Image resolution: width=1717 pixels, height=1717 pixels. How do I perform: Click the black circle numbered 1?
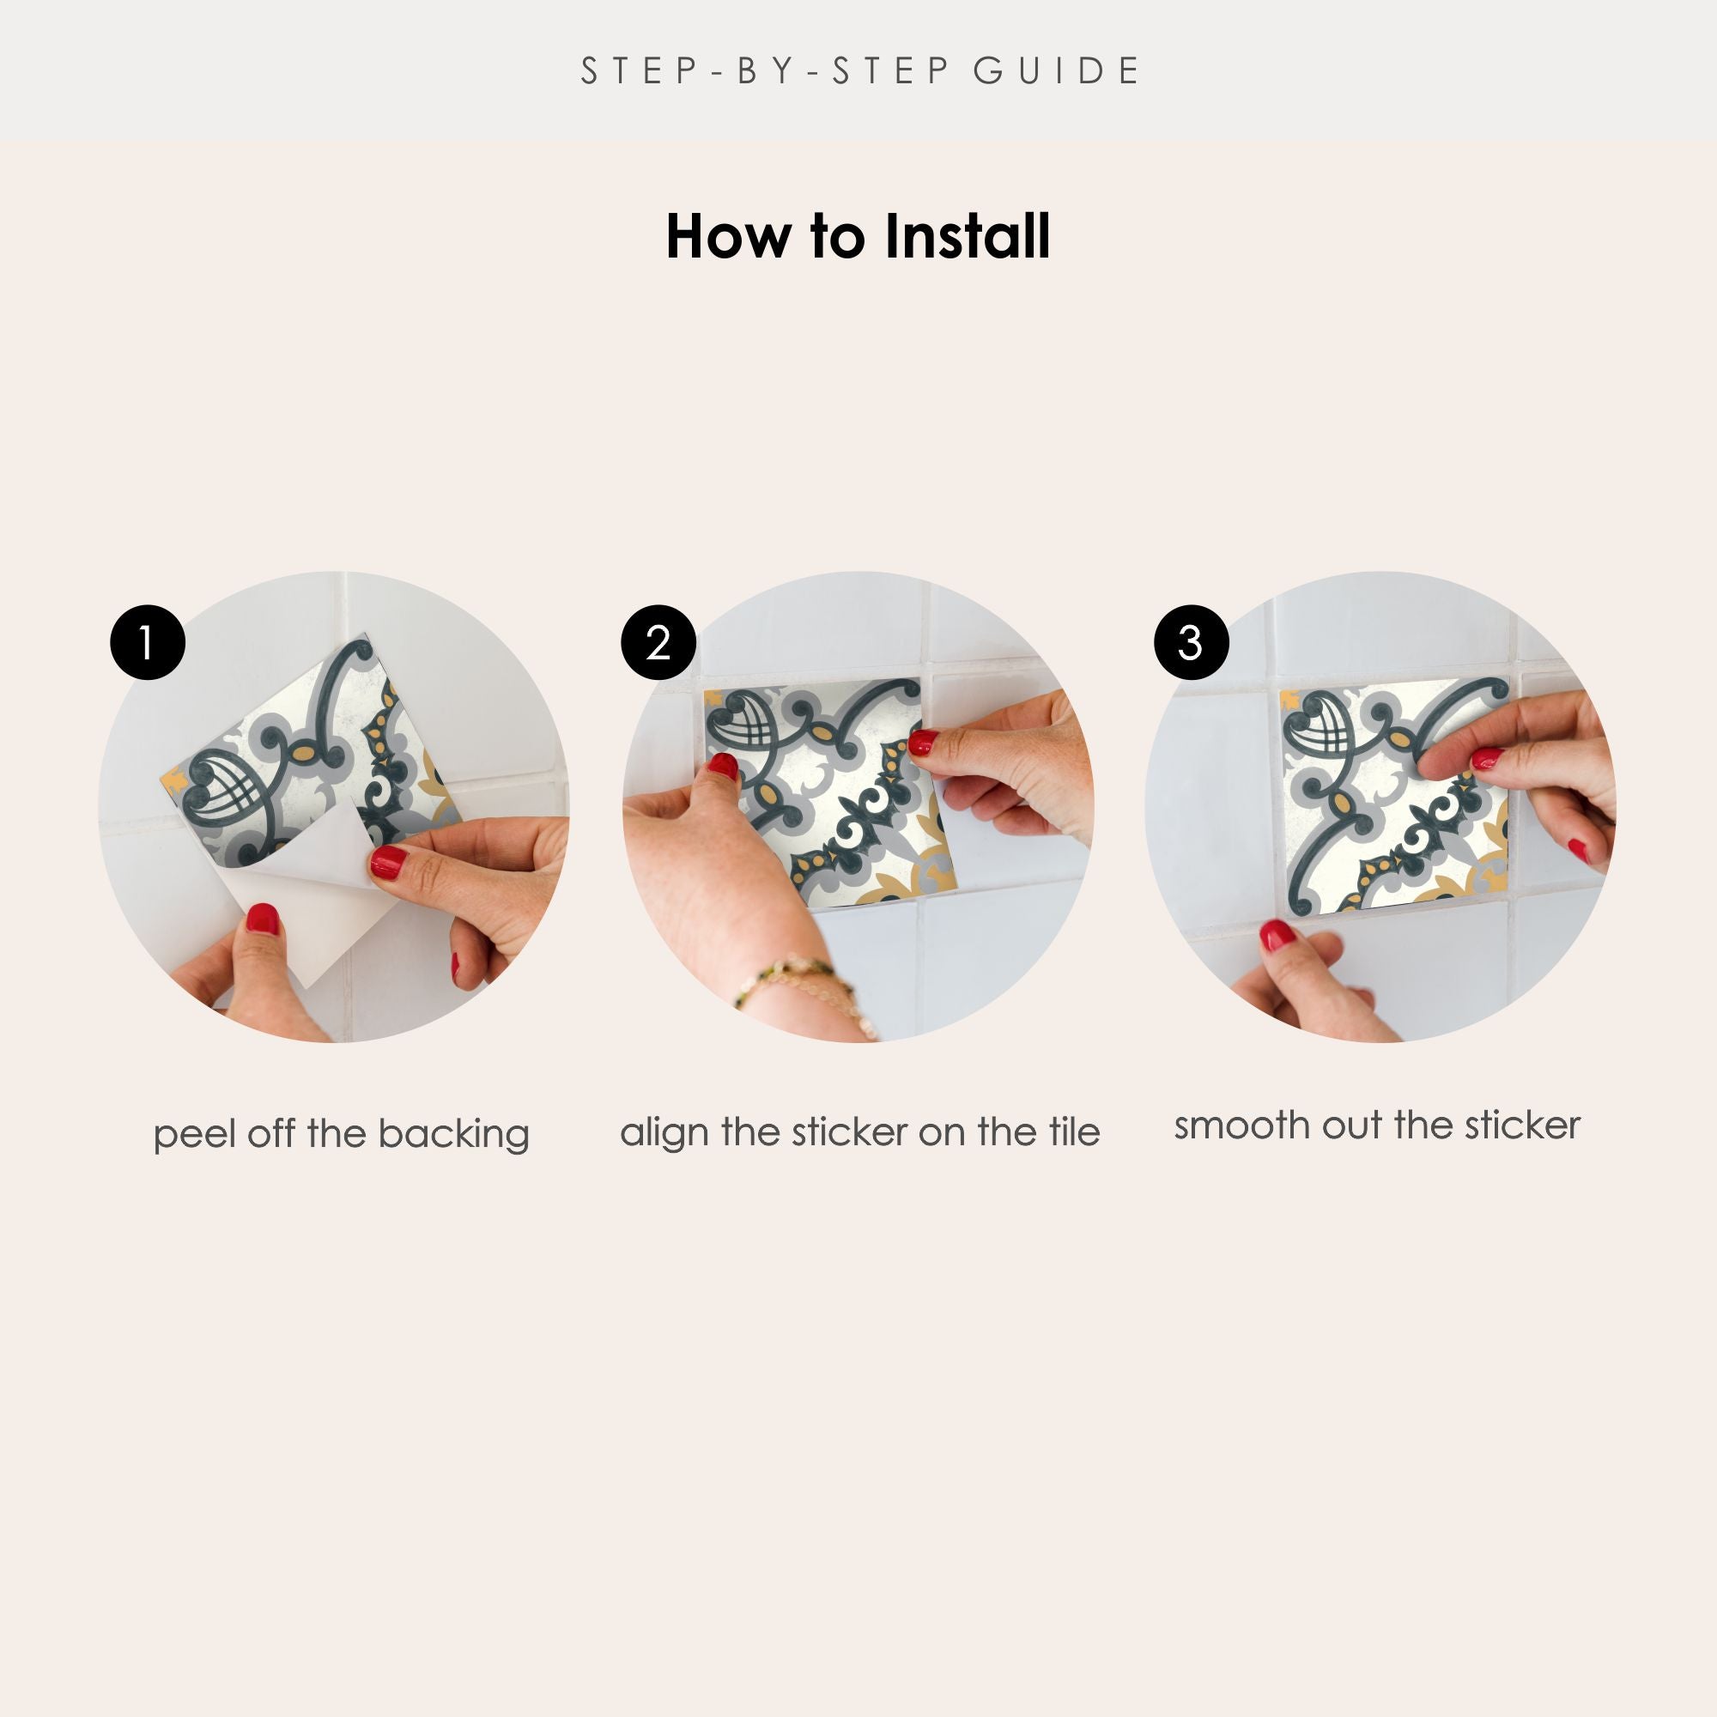coord(148,642)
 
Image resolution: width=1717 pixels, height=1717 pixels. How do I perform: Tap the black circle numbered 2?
coord(658,642)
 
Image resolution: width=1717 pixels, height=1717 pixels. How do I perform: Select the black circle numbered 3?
coord(1191,642)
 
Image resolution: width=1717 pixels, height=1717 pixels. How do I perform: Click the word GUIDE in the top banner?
coord(1056,71)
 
